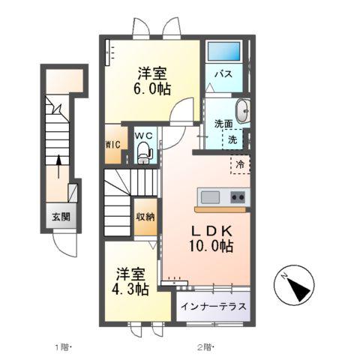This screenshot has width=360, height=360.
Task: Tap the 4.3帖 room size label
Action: click(132, 288)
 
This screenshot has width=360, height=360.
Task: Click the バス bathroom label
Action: click(223, 75)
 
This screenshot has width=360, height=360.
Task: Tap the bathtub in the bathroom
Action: click(224, 53)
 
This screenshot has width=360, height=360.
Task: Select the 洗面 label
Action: click(223, 124)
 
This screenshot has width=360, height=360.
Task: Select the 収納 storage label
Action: click(145, 217)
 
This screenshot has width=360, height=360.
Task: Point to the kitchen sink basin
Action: click(209, 197)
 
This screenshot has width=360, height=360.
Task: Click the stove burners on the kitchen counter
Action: click(238, 197)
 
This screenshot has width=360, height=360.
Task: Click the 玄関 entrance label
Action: click(61, 217)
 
